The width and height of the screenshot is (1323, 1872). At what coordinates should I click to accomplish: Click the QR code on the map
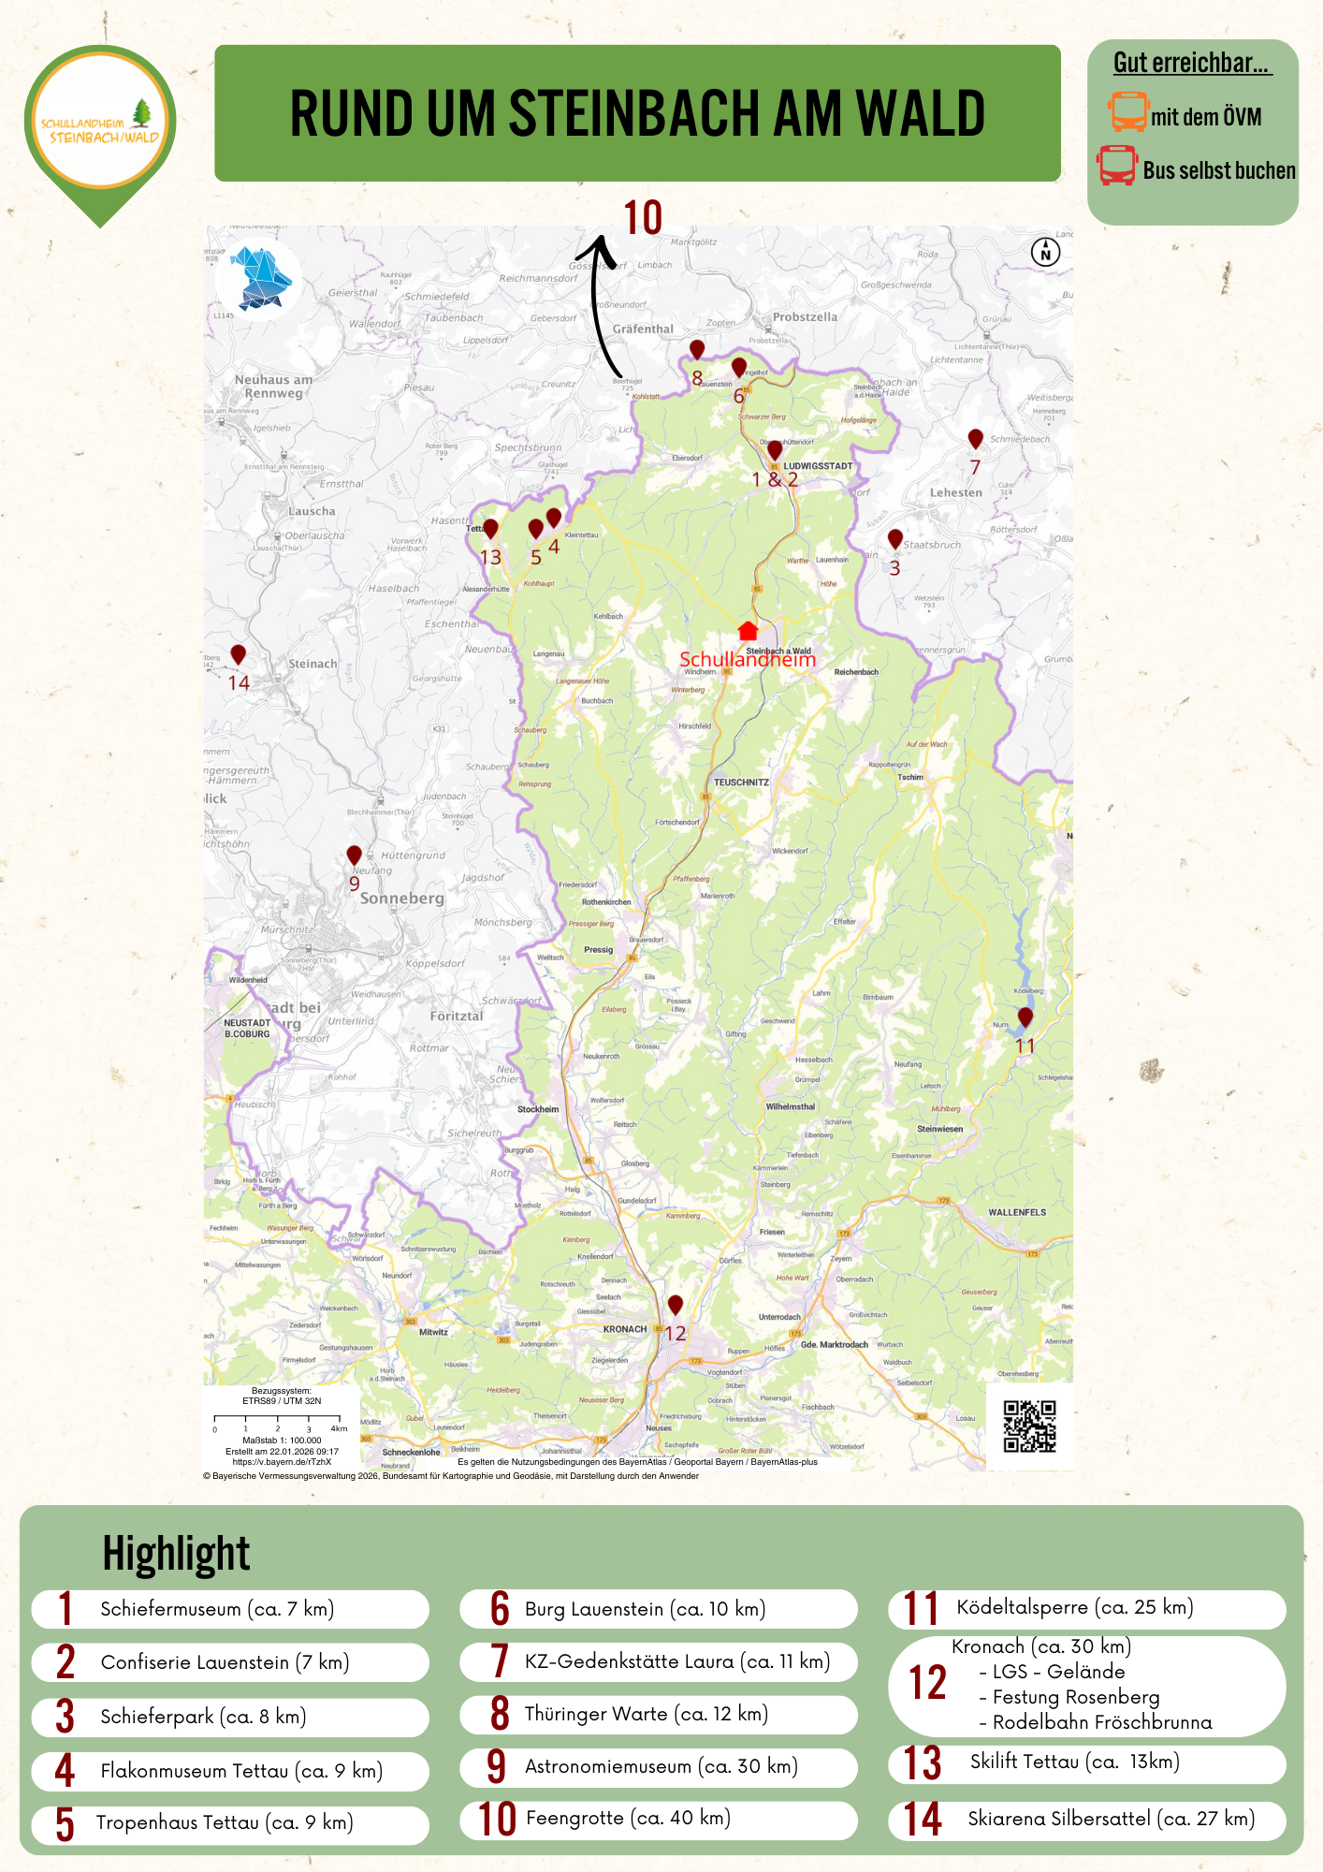click(1029, 1426)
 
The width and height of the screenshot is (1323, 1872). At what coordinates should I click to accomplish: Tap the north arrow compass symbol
click(1045, 252)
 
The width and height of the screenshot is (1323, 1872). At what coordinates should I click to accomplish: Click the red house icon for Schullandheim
click(748, 630)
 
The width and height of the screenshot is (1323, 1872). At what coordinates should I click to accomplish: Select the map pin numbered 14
click(239, 654)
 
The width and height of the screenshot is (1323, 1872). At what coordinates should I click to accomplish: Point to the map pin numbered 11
click(1025, 1016)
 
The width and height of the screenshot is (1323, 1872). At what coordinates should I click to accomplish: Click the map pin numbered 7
click(975, 438)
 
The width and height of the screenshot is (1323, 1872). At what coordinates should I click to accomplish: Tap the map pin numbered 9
click(354, 855)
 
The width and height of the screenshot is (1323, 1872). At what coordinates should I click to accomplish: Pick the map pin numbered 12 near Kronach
click(675, 1304)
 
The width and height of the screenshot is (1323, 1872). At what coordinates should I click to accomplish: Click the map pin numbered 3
click(895, 539)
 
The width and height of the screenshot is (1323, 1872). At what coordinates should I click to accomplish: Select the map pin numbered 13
click(490, 529)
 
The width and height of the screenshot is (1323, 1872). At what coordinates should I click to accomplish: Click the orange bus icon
click(1127, 111)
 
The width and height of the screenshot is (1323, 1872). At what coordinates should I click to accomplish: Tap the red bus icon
click(1117, 166)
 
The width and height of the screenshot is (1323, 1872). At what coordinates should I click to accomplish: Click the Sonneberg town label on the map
click(402, 899)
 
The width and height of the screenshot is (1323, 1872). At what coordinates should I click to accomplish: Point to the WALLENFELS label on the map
click(1017, 1212)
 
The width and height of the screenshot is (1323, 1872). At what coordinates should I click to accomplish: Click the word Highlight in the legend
click(176, 1555)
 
